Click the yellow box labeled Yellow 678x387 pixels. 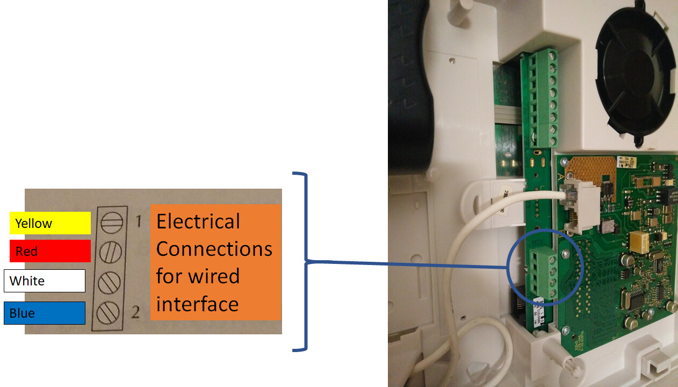pos(50,223)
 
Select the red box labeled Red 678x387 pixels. pos(50,251)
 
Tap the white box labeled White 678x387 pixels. pos(45,281)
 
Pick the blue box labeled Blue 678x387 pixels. pos(45,313)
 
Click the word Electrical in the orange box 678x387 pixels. pos(198,221)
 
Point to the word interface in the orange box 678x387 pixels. pos(197,304)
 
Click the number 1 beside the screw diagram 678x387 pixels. pos(138,221)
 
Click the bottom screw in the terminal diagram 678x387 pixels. pos(110,311)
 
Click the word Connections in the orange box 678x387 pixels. pos(214,249)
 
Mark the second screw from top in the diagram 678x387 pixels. pos(111,252)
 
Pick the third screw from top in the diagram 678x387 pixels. pos(110,282)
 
